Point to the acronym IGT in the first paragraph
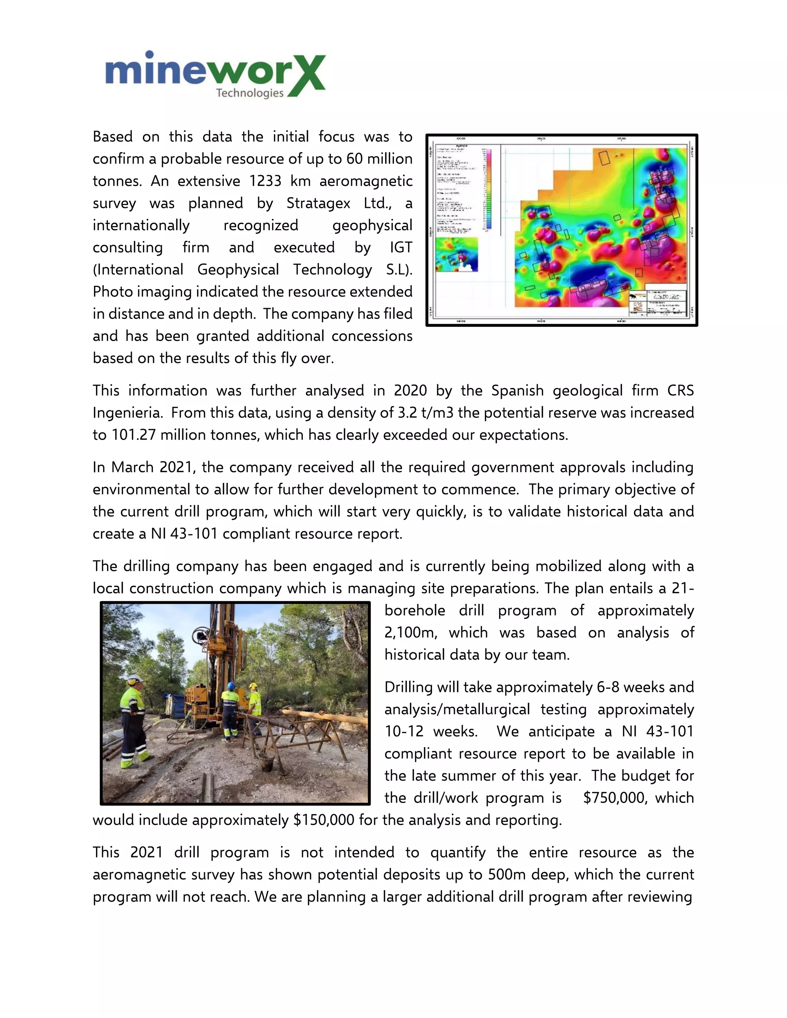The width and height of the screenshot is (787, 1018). pos(400,247)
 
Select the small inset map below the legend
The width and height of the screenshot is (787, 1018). pos(457,254)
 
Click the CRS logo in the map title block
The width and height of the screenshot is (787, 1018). pos(638,307)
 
